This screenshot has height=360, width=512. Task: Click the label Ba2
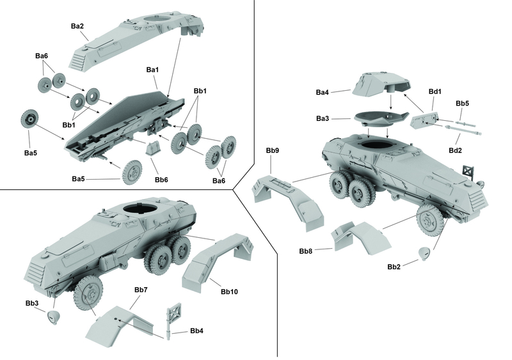(x=77, y=26)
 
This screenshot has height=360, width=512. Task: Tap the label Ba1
(x=152, y=70)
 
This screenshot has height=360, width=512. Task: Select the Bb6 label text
(x=161, y=180)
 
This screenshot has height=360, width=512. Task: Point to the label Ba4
(x=323, y=92)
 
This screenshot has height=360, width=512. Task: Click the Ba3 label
(x=323, y=118)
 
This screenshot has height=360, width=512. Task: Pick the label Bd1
(x=435, y=91)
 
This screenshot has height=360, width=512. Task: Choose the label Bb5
(x=462, y=104)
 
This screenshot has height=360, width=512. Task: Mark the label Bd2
(x=455, y=150)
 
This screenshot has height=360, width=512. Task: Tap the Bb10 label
(x=229, y=292)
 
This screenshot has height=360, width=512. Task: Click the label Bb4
(x=196, y=331)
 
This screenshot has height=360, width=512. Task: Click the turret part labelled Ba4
(x=381, y=84)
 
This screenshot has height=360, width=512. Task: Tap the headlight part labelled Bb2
(x=424, y=254)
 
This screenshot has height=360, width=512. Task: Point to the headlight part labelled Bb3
(x=54, y=317)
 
